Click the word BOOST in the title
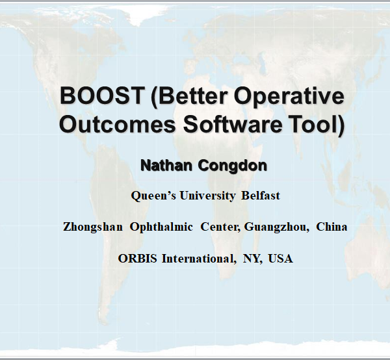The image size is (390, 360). pos(102,96)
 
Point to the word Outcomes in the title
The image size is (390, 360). pos(118,124)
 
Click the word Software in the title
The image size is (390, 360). pos(233,123)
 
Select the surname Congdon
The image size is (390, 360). pos(233,166)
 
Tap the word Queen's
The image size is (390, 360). pos(153,196)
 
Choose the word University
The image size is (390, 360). pos(207,196)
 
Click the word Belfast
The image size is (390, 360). pos(261,196)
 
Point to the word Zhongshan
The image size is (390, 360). pos(93,227)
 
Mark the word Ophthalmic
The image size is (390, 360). pos(161,227)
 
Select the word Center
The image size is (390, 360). pos(220,227)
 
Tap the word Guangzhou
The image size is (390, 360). pos(276,227)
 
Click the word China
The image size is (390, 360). pos(331,227)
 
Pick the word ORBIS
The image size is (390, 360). pos(138,259)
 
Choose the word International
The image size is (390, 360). pos(198,259)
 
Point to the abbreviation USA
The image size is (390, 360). pos(281,259)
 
